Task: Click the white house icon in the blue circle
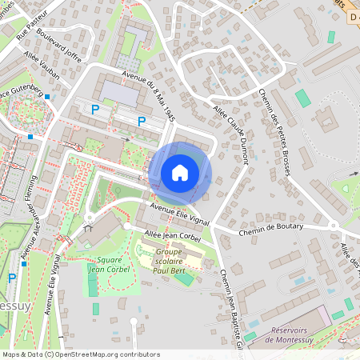[x=180, y=173]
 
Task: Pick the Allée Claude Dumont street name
[x=231, y=134]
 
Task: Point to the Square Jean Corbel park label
[x=110, y=265]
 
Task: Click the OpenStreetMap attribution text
[x=81, y=354]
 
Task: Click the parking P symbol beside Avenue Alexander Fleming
[x=11, y=278]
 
